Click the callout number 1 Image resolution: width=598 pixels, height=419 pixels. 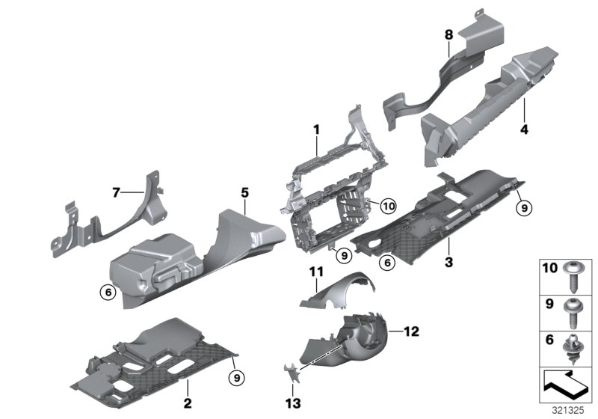pos(317,129)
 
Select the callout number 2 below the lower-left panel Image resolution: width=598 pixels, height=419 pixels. pos(188,404)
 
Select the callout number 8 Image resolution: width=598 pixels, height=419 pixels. pos(449,34)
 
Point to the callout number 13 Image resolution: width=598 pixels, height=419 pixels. pos(292,404)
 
